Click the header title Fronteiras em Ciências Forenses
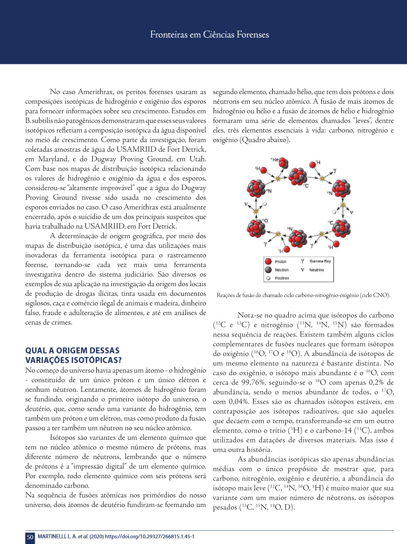209,34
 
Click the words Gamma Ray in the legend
320,261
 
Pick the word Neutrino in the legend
317,270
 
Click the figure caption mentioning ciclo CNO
303,296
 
